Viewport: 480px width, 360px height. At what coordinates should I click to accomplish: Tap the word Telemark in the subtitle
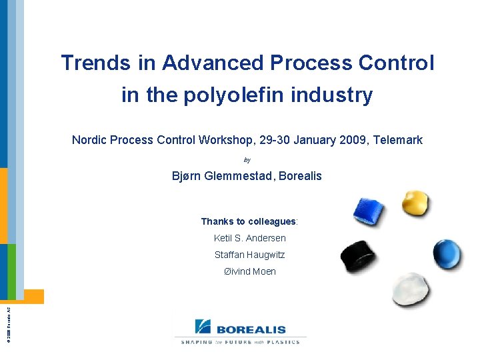[398, 140]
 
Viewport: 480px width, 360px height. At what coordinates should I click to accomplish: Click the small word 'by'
[247, 160]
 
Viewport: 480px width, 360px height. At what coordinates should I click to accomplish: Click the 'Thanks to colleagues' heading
[249, 221]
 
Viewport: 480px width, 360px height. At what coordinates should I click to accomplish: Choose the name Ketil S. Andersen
[249, 238]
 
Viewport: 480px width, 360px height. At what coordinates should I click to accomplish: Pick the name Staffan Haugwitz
[249, 255]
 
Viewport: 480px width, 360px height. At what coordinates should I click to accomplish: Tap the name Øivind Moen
[249, 271]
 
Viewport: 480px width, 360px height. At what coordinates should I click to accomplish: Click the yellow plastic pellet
[416, 203]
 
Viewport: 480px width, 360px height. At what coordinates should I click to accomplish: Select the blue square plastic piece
[369, 213]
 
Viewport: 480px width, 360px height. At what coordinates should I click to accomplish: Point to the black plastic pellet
[358, 256]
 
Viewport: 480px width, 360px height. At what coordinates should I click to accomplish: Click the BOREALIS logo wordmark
[251, 329]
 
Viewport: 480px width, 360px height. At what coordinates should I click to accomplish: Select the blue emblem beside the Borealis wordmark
[203, 327]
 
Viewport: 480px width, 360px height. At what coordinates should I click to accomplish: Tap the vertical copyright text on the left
[8, 323]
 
